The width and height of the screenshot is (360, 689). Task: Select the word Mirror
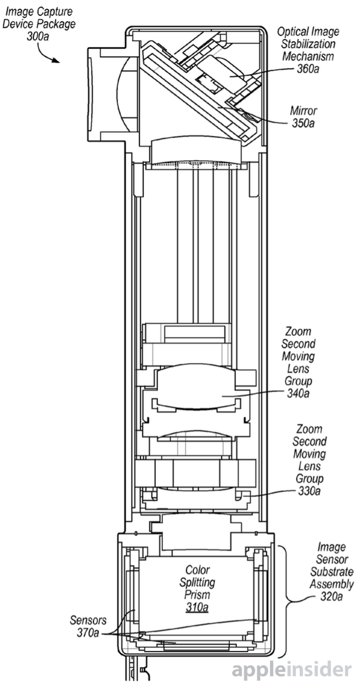[x=304, y=111]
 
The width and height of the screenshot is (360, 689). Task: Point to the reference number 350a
[x=304, y=123]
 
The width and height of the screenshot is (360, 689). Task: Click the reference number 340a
[x=298, y=392]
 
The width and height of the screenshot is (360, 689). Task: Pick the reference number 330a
[x=309, y=490]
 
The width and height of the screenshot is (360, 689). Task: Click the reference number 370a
[x=87, y=633]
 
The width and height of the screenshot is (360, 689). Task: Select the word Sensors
[x=88, y=621]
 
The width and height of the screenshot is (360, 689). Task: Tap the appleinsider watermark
[x=292, y=671]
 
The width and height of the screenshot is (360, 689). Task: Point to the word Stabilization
[x=308, y=44]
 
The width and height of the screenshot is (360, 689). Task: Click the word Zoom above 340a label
[x=298, y=332]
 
